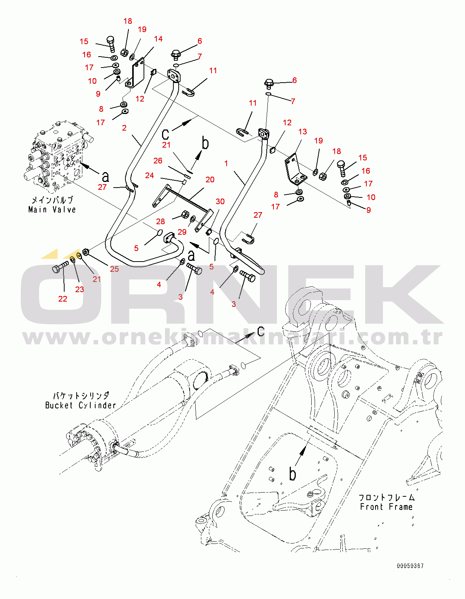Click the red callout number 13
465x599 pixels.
[303, 132]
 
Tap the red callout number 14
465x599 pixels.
[158, 39]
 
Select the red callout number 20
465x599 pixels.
[210, 180]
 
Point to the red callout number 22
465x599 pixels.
[63, 299]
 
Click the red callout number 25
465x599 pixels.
[114, 269]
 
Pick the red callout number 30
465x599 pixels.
[220, 202]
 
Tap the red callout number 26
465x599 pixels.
[158, 161]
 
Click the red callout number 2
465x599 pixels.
[124, 128]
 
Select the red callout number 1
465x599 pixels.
[226, 163]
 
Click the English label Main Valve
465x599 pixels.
[52, 209]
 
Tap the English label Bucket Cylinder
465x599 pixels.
[80, 405]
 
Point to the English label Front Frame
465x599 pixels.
[386, 507]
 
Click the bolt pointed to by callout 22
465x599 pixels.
[60, 267]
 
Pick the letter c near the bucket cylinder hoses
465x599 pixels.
[261, 331]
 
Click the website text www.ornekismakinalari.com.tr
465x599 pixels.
[232, 338]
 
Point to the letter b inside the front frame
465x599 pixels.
[293, 474]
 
